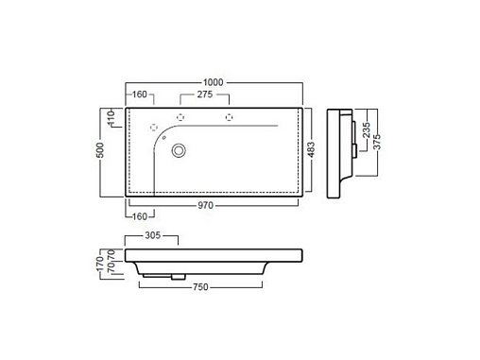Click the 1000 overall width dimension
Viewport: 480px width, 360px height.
(x=213, y=82)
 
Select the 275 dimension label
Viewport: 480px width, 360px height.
(x=205, y=94)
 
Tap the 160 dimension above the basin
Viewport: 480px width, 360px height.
(x=140, y=94)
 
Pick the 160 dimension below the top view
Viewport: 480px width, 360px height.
(x=140, y=216)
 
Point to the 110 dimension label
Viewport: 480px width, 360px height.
(x=111, y=118)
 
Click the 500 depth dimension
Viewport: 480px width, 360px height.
(x=100, y=150)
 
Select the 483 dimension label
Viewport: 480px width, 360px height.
(x=311, y=149)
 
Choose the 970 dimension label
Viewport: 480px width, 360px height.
(x=205, y=205)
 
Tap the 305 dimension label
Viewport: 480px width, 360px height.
(x=153, y=235)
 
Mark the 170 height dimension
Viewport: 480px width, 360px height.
(x=100, y=264)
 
